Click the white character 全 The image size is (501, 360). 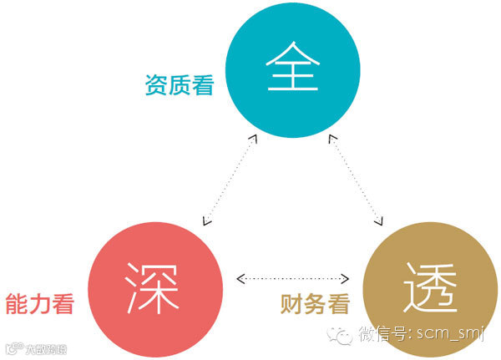(293, 70)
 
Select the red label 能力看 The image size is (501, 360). (40, 303)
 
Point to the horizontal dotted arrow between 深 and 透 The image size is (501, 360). (293, 277)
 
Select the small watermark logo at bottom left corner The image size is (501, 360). (34, 347)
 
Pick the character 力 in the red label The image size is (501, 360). (40, 303)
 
